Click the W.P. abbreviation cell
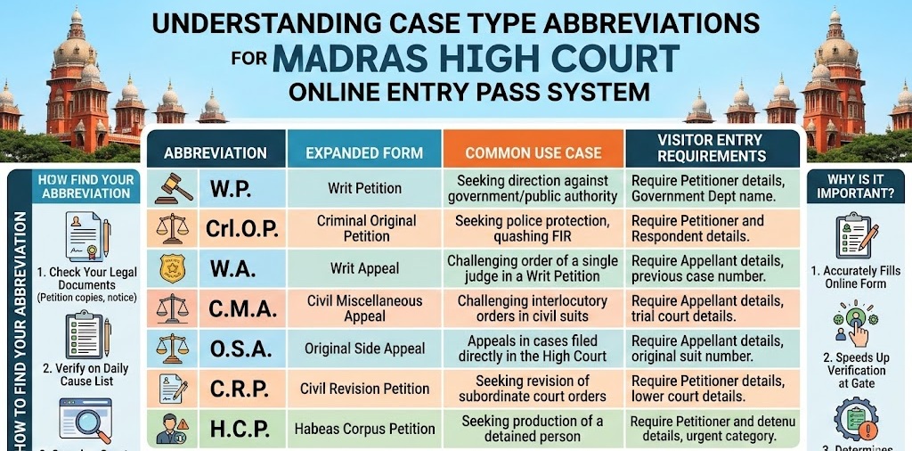(231, 189)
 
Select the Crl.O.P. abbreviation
(232, 229)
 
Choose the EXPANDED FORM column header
(364, 152)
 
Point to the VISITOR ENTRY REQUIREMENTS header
(712, 148)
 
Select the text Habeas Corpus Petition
(364, 429)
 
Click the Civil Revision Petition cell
(364, 389)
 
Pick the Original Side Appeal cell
(364, 348)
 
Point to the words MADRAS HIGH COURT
(476, 59)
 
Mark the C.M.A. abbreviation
(232, 309)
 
